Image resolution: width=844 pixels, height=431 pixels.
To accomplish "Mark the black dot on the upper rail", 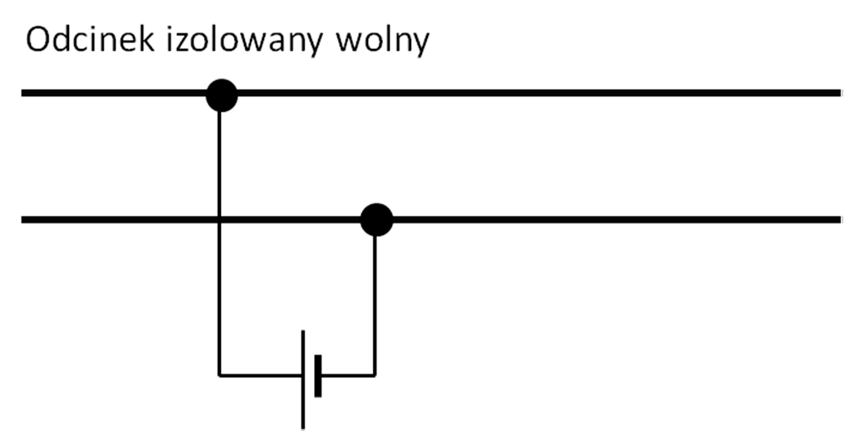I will pos(221,95).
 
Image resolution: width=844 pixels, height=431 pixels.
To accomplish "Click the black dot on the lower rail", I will pos(375,220).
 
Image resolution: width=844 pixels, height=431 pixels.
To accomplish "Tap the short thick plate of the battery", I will pos(318,375).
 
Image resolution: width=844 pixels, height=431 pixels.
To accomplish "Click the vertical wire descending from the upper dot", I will pos(219,158).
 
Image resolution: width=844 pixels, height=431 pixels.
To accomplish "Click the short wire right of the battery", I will pos(347,375).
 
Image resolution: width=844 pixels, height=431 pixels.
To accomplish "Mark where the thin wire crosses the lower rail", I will pos(219,220).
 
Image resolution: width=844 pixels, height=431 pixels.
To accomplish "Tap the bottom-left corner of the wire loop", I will pos(219,375).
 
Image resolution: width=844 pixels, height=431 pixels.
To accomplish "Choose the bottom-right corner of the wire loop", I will pos(375,375).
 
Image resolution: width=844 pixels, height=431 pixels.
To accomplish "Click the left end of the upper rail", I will pos(24,93).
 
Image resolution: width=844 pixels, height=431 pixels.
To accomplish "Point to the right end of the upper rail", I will pos(839,93).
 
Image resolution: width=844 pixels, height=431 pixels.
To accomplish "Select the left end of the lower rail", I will pos(24,220).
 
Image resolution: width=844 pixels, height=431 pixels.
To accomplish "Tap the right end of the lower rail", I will pos(839,220).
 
